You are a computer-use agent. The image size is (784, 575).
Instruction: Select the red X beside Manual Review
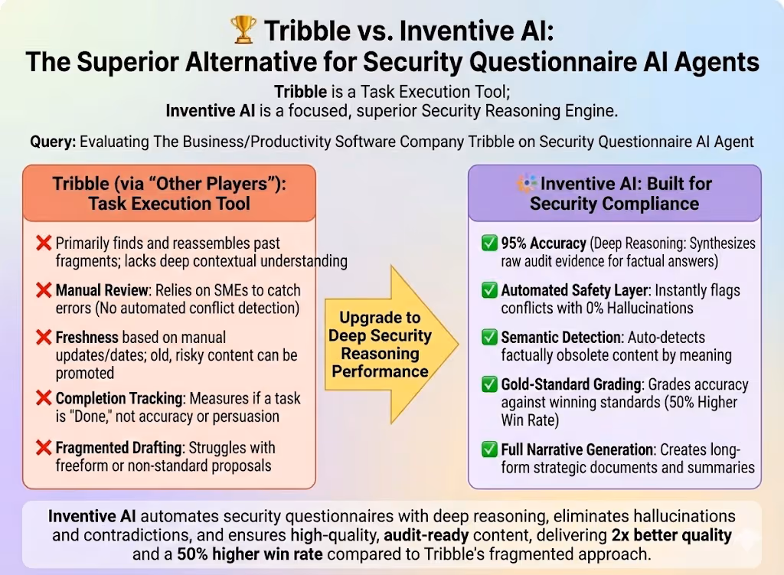click(x=44, y=291)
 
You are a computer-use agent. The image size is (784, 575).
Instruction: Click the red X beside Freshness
click(x=44, y=337)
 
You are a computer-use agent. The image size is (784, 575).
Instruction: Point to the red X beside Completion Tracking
click(x=44, y=398)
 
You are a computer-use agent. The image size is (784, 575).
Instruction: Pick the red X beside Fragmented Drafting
click(x=44, y=448)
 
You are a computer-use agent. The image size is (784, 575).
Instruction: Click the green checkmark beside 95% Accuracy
click(x=488, y=244)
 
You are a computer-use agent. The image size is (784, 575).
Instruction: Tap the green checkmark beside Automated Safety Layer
click(x=488, y=291)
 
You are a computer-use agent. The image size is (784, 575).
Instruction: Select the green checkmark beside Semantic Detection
click(x=488, y=338)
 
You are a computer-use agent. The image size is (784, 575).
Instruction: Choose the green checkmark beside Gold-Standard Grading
click(x=488, y=385)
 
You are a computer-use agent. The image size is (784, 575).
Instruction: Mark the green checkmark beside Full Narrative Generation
click(x=488, y=449)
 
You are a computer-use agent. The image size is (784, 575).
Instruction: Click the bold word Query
click(x=52, y=142)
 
